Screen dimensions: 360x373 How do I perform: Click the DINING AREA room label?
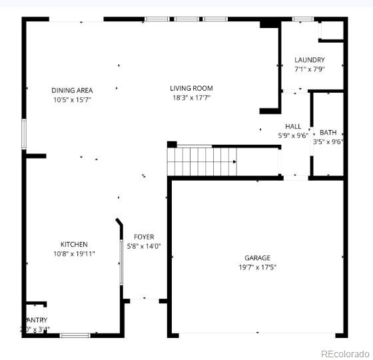tap(72, 90)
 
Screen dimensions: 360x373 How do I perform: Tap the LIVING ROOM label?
tap(191, 88)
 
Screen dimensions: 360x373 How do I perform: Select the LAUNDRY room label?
tap(309, 60)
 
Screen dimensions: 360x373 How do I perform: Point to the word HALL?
tap(293, 126)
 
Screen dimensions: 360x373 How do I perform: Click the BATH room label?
tap(328, 132)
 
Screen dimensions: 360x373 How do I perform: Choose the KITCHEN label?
tap(74, 245)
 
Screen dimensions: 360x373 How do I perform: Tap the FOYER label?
tap(144, 237)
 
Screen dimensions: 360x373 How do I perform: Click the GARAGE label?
tap(257, 258)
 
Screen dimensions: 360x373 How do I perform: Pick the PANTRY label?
tap(37, 320)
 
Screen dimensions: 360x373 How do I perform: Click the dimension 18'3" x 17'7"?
tap(191, 97)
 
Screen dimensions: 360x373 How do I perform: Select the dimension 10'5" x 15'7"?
tap(72, 99)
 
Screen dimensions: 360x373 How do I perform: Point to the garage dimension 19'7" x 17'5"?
tap(257, 267)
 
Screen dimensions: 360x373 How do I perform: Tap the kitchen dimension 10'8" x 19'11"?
tap(74, 253)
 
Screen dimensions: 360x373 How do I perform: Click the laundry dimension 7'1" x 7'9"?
tap(309, 69)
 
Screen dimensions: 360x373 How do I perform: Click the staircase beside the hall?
tap(200, 161)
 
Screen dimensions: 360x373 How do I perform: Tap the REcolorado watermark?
tap(344, 353)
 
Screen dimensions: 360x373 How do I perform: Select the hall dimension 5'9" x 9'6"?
tap(293, 135)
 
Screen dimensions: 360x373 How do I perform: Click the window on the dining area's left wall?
tap(23, 133)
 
